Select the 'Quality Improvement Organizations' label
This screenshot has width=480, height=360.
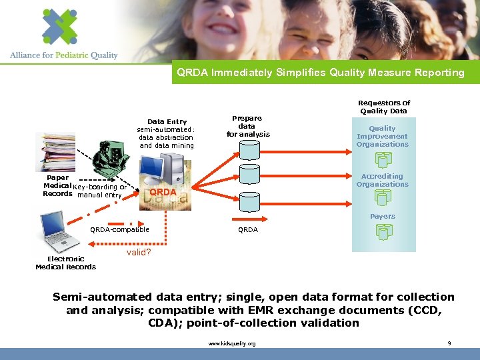[382, 136]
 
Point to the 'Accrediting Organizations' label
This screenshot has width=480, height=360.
[382, 181]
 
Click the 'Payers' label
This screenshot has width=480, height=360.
[383, 216]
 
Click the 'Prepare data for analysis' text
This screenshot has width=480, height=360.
[247, 126]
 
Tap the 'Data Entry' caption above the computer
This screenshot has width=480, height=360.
[167, 121]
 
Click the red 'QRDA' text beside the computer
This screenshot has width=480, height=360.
[163, 192]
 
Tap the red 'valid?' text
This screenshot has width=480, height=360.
[139, 253]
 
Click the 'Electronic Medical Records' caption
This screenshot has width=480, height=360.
[65, 263]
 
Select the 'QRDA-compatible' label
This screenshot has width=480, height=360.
[120, 230]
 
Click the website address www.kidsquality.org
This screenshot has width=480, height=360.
[232, 343]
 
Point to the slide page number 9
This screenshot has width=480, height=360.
[449, 343]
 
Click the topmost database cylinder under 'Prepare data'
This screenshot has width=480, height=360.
[249, 151]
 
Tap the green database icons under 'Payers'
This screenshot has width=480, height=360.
[383, 231]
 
